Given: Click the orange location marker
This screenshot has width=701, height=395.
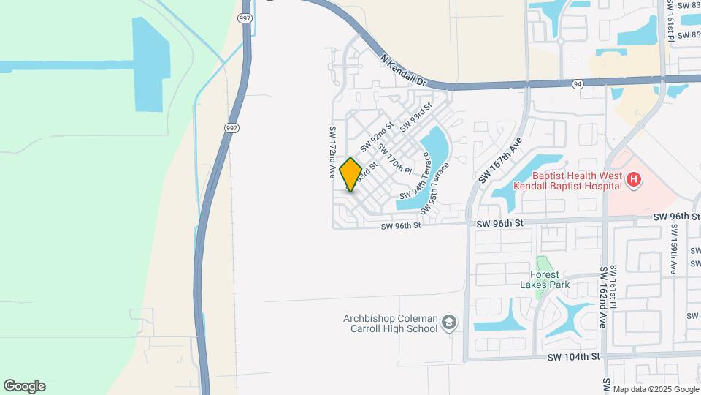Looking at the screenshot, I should (x=350, y=174).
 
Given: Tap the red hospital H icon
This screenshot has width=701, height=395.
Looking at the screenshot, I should (x=634, y=178).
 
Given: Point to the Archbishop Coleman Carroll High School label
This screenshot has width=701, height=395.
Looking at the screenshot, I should (x=390, y=323).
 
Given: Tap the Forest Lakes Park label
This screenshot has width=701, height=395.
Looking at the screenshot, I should (x=550, y=280).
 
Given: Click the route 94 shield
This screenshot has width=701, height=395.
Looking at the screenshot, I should (x=578, y=84).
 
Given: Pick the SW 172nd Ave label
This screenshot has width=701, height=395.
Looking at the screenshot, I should (x=332, y=151).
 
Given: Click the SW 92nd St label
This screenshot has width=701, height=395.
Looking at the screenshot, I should (x=372, y=137).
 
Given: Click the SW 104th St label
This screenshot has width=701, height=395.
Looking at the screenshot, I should (x=575, y=356).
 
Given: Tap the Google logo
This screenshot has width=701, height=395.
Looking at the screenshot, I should (x=24, y=386).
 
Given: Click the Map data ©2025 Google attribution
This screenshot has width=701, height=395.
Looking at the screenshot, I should (x=655, y=389).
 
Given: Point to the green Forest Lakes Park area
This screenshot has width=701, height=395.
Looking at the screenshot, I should (x=541, y=264).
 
